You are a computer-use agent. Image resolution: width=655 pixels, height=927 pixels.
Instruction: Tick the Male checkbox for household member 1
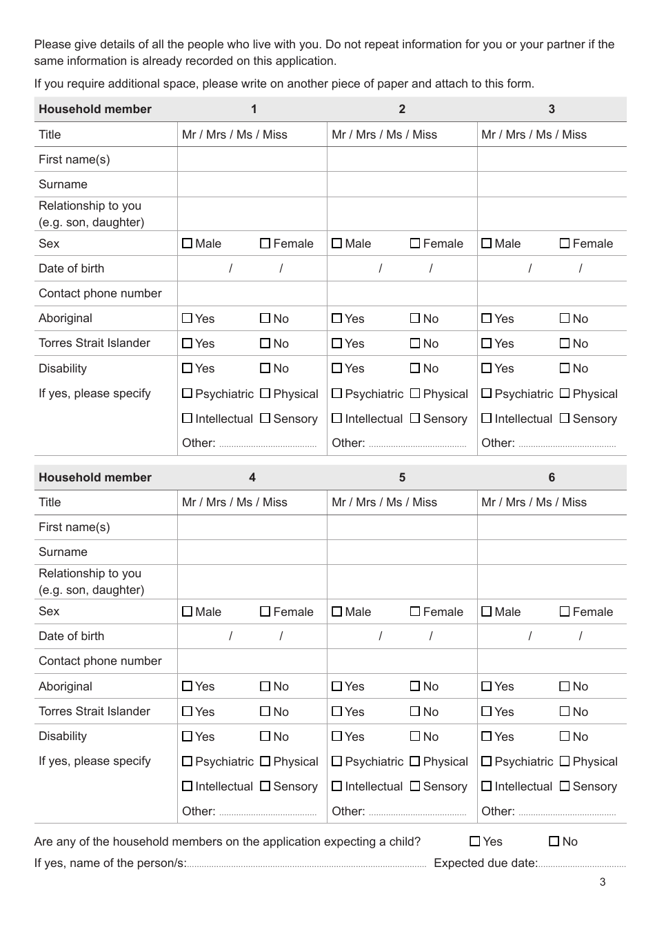coord(188,243)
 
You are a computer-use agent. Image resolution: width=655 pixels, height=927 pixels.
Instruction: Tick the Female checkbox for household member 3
coord(565,243)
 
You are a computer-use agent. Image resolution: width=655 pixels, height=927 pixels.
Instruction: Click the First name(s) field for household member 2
coord(402,159)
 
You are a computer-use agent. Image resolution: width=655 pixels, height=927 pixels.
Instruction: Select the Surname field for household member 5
coord(402,552)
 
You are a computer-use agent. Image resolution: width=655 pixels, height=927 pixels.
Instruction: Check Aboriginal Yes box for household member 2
coord(336,319)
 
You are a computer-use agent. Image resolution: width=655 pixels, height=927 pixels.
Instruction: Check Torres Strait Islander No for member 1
coord(265,343)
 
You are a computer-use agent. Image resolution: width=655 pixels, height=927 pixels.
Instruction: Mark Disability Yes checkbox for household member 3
coord(487,368)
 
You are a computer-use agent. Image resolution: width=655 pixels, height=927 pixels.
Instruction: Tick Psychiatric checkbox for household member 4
coord(188,761)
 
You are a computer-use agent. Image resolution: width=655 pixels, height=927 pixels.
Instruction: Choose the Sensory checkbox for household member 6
coord(565,786)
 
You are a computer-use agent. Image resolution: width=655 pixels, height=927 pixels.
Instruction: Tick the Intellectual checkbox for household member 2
coord(336,419)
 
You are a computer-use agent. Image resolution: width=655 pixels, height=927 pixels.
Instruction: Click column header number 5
coord(402,477)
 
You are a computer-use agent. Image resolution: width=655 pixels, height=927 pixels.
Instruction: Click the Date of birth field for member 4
coord(252,636)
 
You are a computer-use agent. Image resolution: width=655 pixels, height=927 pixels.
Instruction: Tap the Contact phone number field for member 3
coord(552,293)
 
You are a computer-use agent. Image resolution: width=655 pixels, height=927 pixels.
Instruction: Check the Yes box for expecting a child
coord(475,841)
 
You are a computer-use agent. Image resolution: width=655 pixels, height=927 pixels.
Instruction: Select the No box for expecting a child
coord(554,841)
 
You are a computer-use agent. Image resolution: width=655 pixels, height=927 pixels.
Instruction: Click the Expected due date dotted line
coord(582,864)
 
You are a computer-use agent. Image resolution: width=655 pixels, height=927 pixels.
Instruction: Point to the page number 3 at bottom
coord(603,882)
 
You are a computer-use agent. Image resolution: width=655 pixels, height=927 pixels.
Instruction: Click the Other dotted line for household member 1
coord(268,445)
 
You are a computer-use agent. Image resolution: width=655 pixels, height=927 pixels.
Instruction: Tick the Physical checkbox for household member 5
coord(415,761)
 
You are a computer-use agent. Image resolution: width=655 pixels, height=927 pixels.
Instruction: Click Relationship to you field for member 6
coord(552,581)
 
